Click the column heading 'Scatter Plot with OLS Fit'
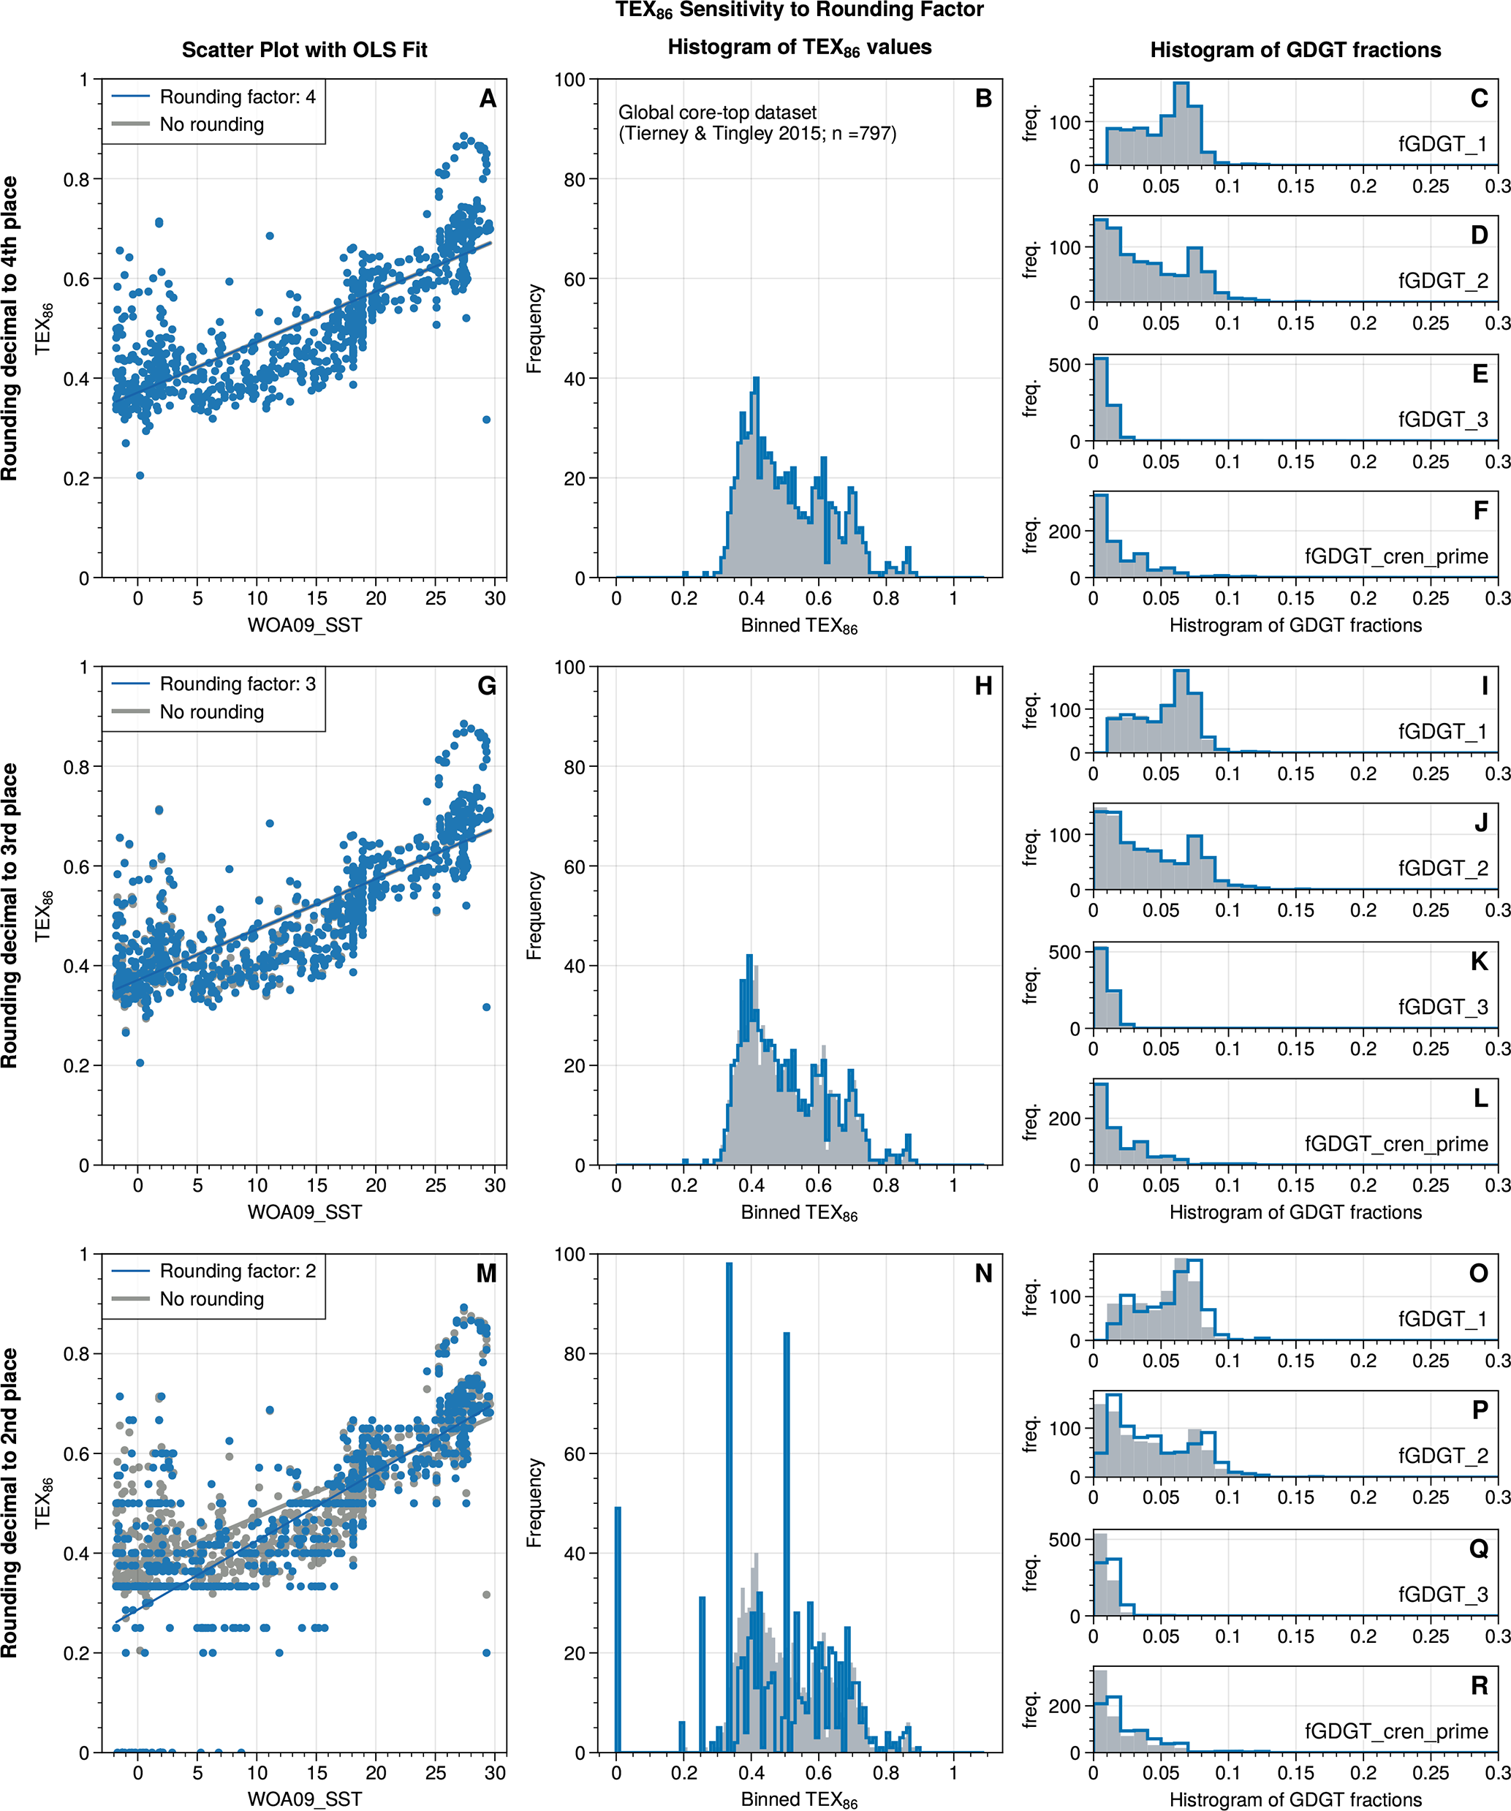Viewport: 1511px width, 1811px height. pos(304,50)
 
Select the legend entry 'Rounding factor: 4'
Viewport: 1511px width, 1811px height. pos(237,97)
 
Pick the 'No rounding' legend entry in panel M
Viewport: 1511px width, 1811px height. pos(211,1298)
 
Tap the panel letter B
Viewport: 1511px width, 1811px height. pos(983,99)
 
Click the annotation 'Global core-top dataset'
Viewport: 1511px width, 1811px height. pos(716,112)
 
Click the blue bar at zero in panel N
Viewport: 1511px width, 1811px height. pos(618,1630)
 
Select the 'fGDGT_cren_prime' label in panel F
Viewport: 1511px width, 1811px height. pos(1396,556)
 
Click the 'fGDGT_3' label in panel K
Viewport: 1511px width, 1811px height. pos(1443,1007)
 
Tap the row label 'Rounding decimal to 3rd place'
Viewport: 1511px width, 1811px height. pos(10,916)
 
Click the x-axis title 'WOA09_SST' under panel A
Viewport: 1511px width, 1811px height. pos(304,625)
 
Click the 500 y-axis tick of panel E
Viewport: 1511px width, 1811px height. pos(1064,365)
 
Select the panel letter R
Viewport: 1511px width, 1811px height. pos(1479,1686)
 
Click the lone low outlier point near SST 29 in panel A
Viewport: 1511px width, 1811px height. pos(486,420)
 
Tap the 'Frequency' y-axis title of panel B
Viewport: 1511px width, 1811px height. pos(534,328)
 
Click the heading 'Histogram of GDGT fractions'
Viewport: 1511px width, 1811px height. pos(1295,50)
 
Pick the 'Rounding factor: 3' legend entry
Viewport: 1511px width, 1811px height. pos(237,684)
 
